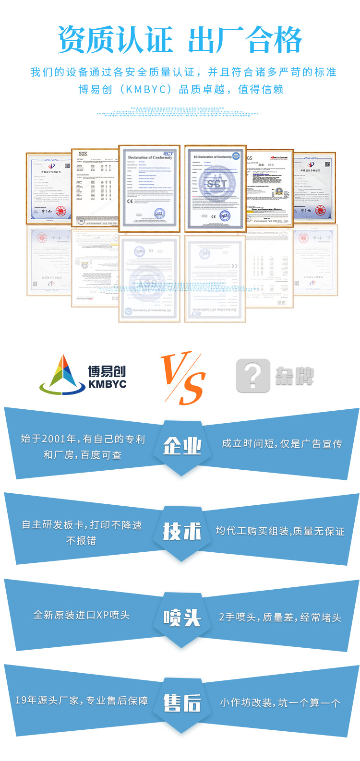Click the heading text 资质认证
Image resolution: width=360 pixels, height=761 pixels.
(x=115, y=40)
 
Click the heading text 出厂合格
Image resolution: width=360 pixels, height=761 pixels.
(x=245, y=40)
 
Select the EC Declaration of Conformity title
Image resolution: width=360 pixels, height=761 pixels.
(x=213, y=157)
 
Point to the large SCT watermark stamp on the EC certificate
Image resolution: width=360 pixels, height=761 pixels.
(x=216, y=183)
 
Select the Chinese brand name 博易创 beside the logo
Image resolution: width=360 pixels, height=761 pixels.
(x=107, y=371)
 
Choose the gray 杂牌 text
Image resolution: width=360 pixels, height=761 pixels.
(x=295, y=375)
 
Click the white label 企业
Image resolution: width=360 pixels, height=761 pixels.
(x=182, y=446)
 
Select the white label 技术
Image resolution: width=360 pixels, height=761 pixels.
(x=182, y=531)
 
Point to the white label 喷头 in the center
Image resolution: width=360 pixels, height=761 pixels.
(x=182, y=617)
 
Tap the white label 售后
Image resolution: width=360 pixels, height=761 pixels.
(x=182, y=703)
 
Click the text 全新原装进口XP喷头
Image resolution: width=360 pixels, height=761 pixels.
(x=82, y=615)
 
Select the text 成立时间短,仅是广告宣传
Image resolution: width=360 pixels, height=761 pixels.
(x=282, y=444)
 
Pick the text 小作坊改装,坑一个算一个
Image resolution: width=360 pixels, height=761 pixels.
(x=280, y=703)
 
